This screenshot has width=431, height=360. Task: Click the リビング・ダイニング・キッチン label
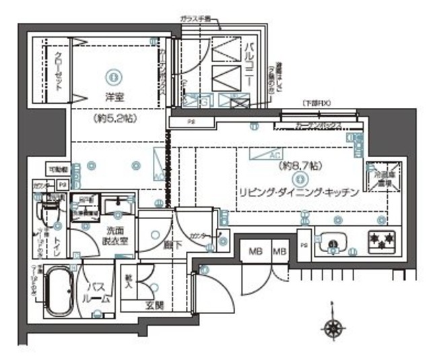click(x=300, y=191)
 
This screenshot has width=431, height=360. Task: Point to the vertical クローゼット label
click(x=59, y=71)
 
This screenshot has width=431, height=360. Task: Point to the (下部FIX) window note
click(x=315, y=103)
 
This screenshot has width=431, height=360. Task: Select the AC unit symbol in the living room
click(x=267, y=154)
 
